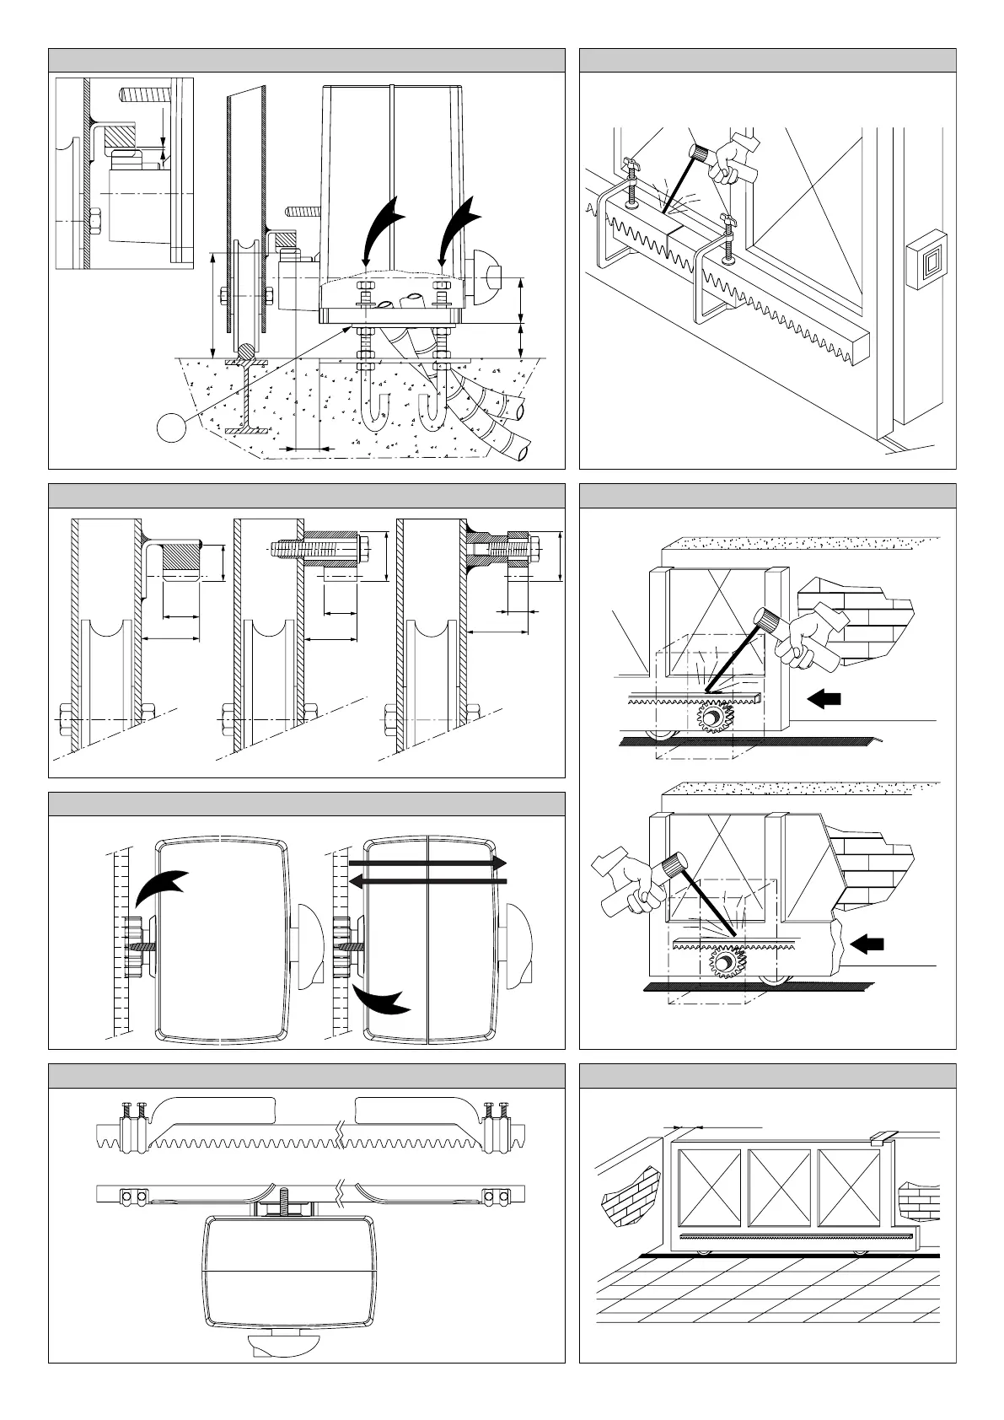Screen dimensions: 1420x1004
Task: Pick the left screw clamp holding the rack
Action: point(630,179)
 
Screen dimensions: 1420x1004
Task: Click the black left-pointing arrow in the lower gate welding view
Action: point(867,944)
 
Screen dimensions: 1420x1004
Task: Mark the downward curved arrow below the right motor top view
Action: point(381,998)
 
